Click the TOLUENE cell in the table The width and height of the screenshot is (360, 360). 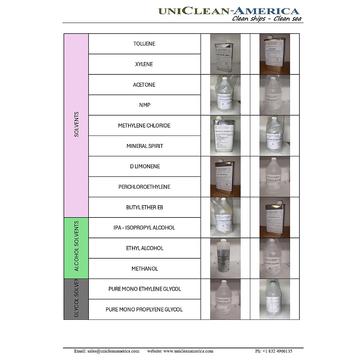pyautogui.click(x=144, y=44)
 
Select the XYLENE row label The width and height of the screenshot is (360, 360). pyautogui.click(x=144, y=64)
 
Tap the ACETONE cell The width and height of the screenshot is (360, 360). pyautogui.click(x=144, y=85)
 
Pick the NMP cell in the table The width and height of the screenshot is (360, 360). pyautogui.click(x=144, y=105)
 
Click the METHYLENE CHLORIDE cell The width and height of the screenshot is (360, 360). pyautogui.click(x=144, y=125)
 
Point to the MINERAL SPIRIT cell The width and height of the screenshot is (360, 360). pyautogui.click(x=144, y=146)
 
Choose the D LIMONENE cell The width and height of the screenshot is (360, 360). pyautogui.click(x=144, y=166)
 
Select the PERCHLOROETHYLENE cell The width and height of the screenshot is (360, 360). pyautogui.click(x=144, y=187)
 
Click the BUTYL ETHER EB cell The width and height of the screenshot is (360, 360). pyautogui.click(x=144, y=207)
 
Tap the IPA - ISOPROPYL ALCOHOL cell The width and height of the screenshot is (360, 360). pyautogui.click(x=144, y=228)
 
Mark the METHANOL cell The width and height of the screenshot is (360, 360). pyautogui.click(x=144, y=268)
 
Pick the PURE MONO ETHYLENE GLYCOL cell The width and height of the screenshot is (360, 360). pyautogui.click(x=144, y=289)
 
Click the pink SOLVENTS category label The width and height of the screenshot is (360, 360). pyautogui.click(x=76, y=124)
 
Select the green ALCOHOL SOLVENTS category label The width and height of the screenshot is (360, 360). pyautogui.click(x=76, y=246)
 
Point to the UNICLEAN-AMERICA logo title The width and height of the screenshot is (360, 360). pyautogui.click(x=229, y=11)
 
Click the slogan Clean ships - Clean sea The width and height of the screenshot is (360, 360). pyautogui.click(x=267, y=19)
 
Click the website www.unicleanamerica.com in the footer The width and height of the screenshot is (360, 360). pyautogui.click(x=188, y=351)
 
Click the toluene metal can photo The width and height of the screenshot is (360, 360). pyautogui.click(x=225, y=54)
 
